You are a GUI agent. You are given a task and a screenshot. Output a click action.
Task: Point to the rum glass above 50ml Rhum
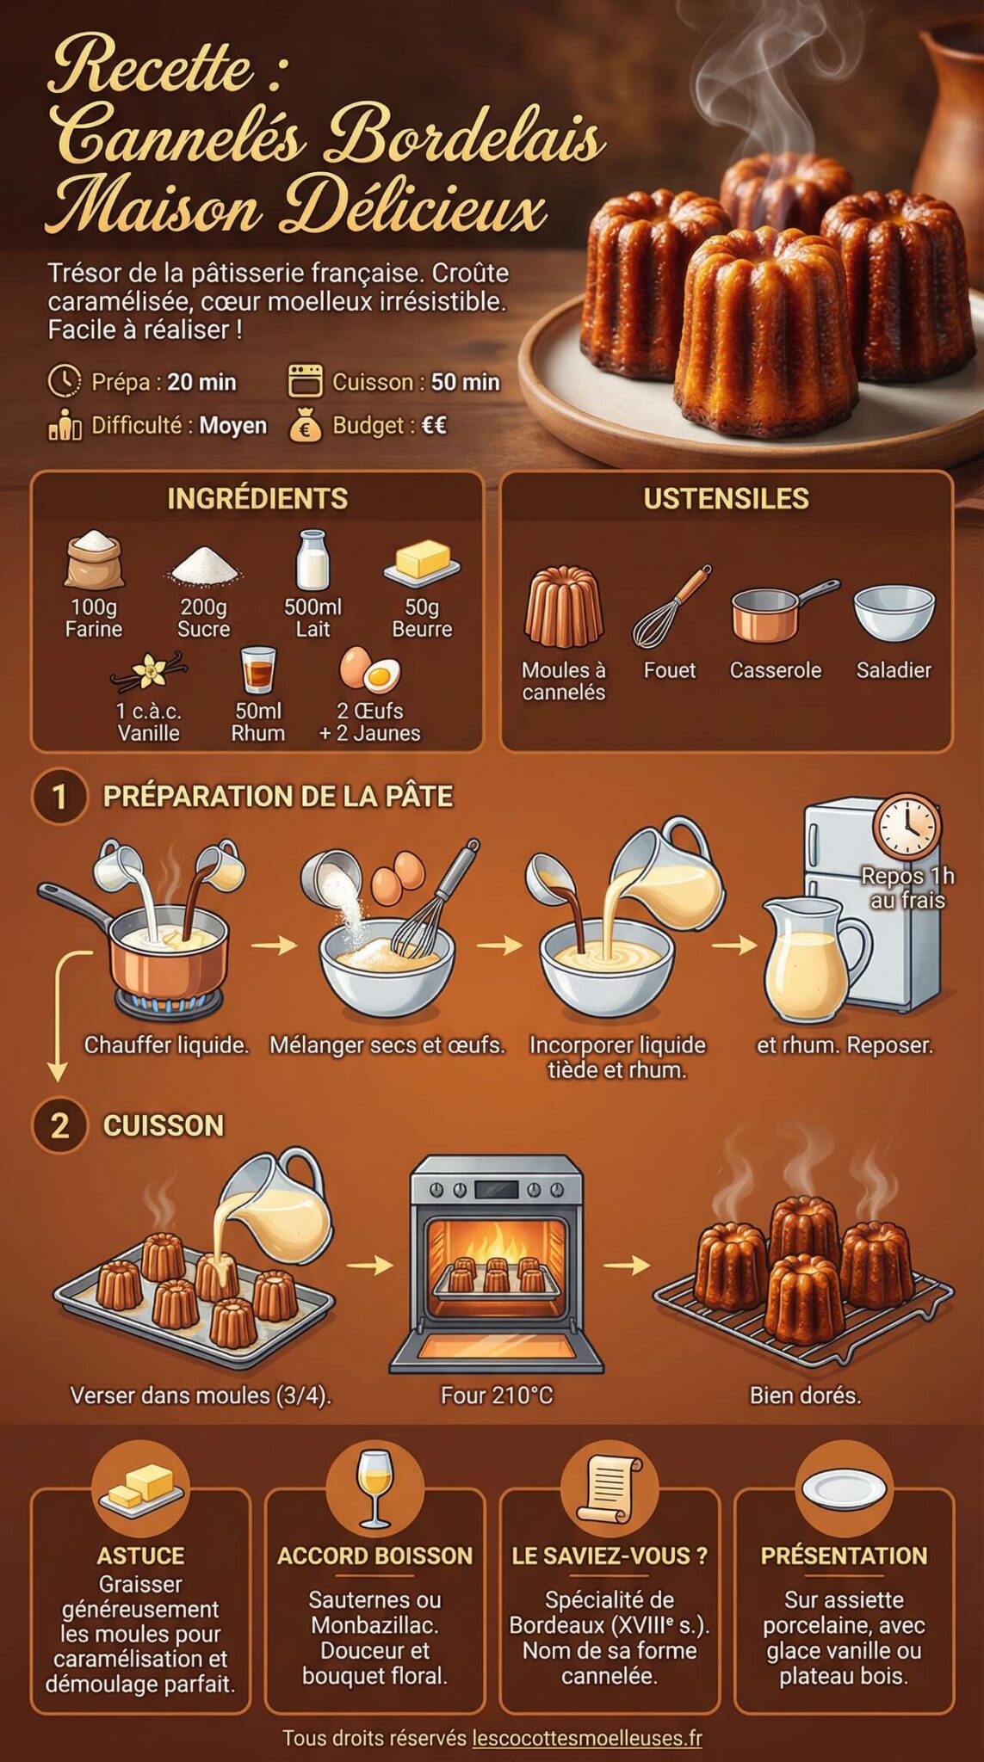(257, 670)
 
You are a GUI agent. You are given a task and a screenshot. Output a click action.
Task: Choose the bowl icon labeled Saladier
(894, 612)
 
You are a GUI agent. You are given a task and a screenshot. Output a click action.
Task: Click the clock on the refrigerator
(907, 828)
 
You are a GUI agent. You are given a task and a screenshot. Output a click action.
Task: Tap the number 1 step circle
(59, 797)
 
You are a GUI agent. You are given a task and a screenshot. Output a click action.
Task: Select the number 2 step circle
(59, 1125)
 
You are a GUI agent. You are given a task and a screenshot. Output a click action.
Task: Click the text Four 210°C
(497, 1395)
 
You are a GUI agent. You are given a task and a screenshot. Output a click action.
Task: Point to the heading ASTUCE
(140, 1556)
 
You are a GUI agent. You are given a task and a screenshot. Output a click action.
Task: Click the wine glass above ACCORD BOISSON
(374, 1488)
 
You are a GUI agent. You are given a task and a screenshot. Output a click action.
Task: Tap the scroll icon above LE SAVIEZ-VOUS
(609, 1488)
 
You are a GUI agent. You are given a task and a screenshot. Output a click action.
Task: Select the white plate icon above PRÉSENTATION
(844, 1488)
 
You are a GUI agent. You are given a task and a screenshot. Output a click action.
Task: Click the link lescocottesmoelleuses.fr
(586, 1738)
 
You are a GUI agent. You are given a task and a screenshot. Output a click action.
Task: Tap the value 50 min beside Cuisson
(465, 382)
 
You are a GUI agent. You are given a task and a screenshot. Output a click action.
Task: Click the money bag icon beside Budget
(305, 426)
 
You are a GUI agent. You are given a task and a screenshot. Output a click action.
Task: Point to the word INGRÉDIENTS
(257, 499)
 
